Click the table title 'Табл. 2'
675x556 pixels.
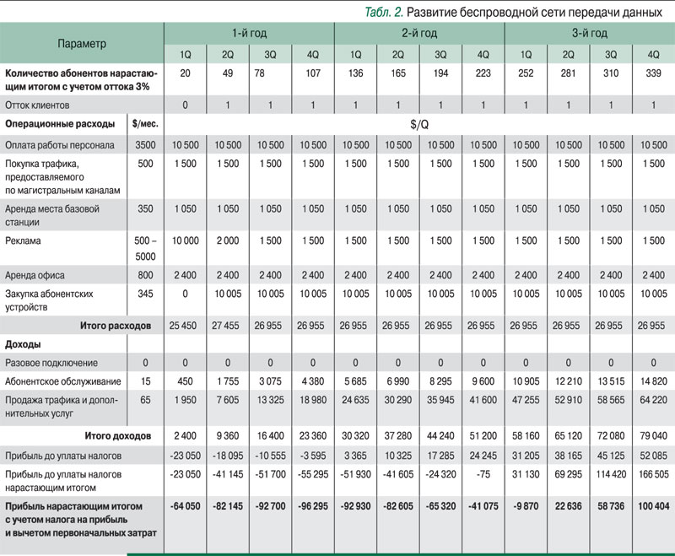(382, 12)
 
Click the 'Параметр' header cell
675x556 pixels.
(83, 42)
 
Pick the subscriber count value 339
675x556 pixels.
(653, 73)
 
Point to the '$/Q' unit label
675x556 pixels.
(419, 124)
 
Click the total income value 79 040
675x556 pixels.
(652, 436)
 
